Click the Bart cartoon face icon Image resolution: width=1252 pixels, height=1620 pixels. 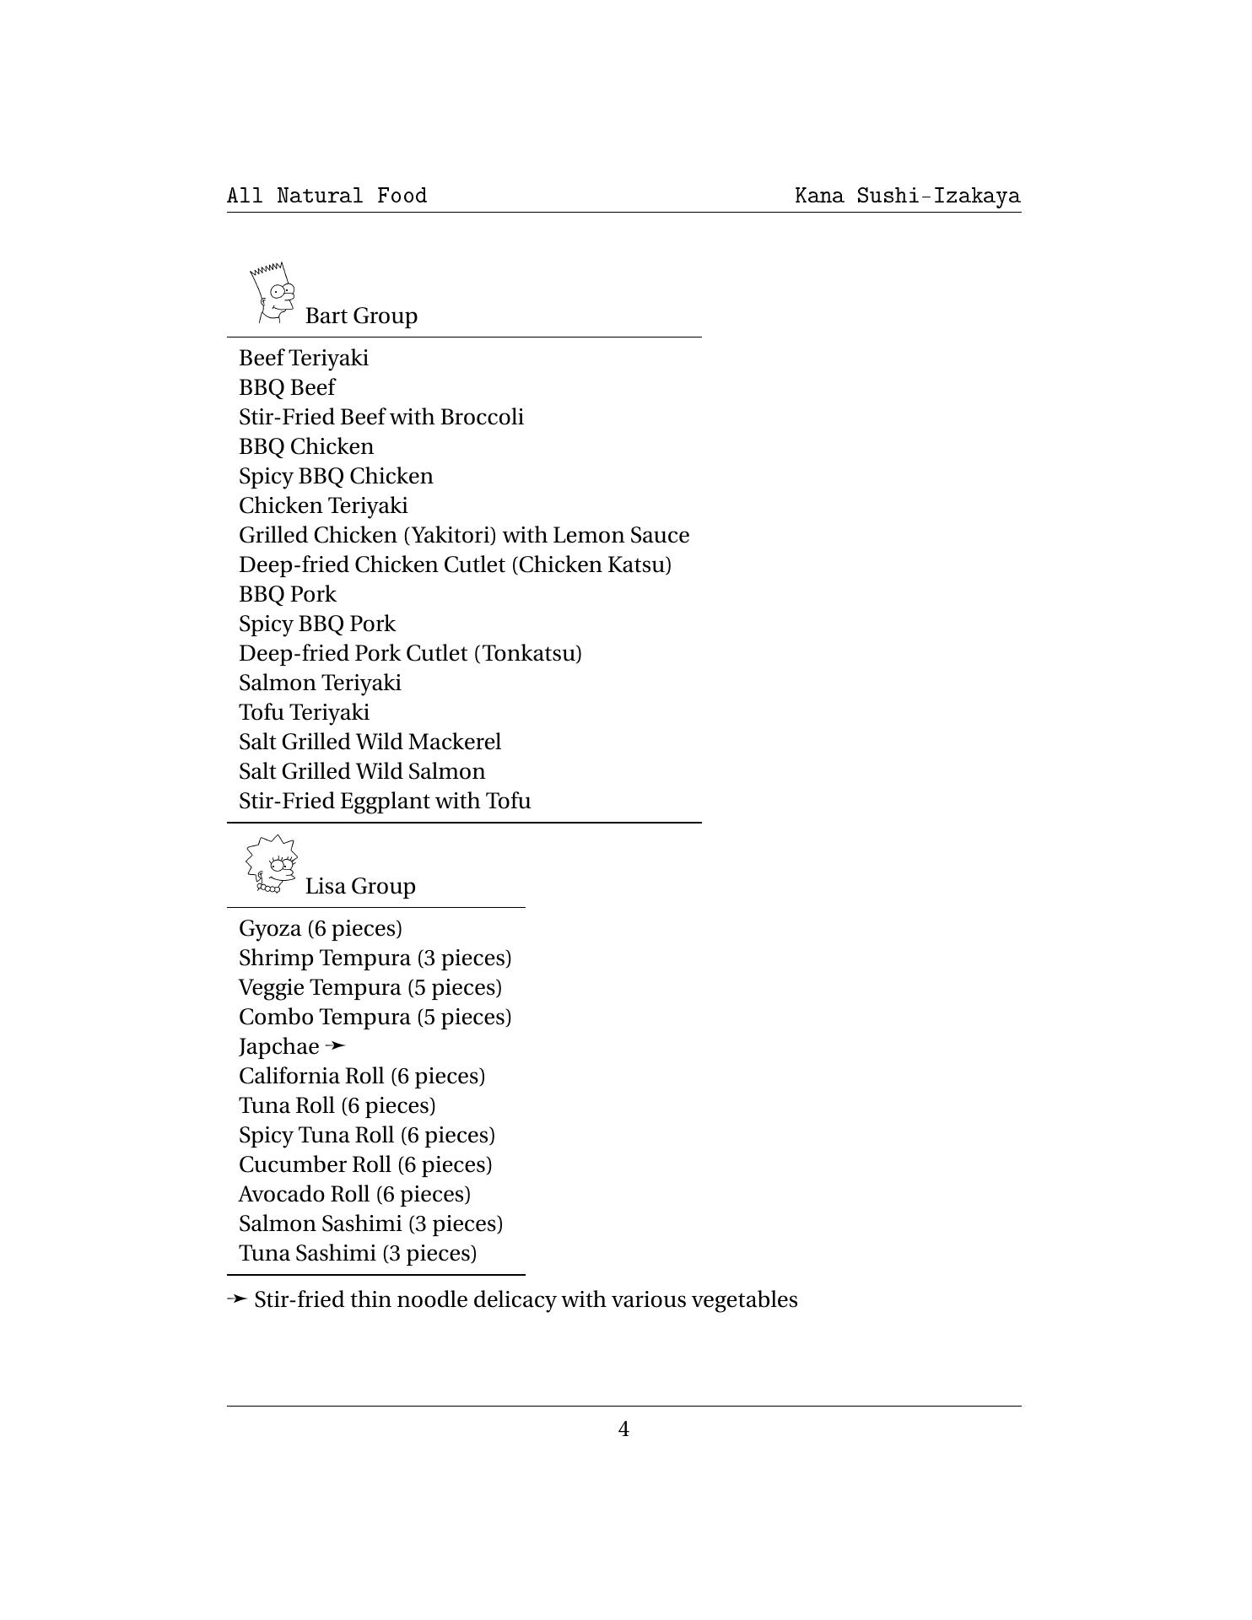click(x=273, y=293)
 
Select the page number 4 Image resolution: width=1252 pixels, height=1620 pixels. click(x=623, y=1428)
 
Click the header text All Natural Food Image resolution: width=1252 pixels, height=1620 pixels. click(x=327, y=196)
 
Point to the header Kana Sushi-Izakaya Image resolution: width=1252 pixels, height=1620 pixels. click(x=907, y=196)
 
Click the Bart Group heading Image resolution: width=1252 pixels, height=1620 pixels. click(x=361, y=316)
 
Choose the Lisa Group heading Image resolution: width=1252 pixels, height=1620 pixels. click(x=360, y=886)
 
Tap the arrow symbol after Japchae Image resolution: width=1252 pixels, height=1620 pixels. click(x=335, y=1045)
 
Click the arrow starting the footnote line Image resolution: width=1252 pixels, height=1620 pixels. click(x=237, y=1299)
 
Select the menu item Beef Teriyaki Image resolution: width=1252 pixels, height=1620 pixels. click(x=304, y=358)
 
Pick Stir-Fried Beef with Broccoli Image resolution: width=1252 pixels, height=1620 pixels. click(x=381, y=417)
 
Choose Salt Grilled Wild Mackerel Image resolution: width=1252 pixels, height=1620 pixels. click(x=370, y=742)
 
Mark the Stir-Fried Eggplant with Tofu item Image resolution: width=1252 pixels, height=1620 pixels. click(x=385, y=801)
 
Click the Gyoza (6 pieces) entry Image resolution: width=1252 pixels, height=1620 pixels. click(x=321, y=928)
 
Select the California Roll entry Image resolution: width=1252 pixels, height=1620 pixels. click(x=362, y=1076)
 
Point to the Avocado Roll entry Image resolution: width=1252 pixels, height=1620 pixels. click(x=354, y=1194)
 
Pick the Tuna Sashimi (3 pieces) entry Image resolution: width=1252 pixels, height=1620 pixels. click(x=358, y=1253)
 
